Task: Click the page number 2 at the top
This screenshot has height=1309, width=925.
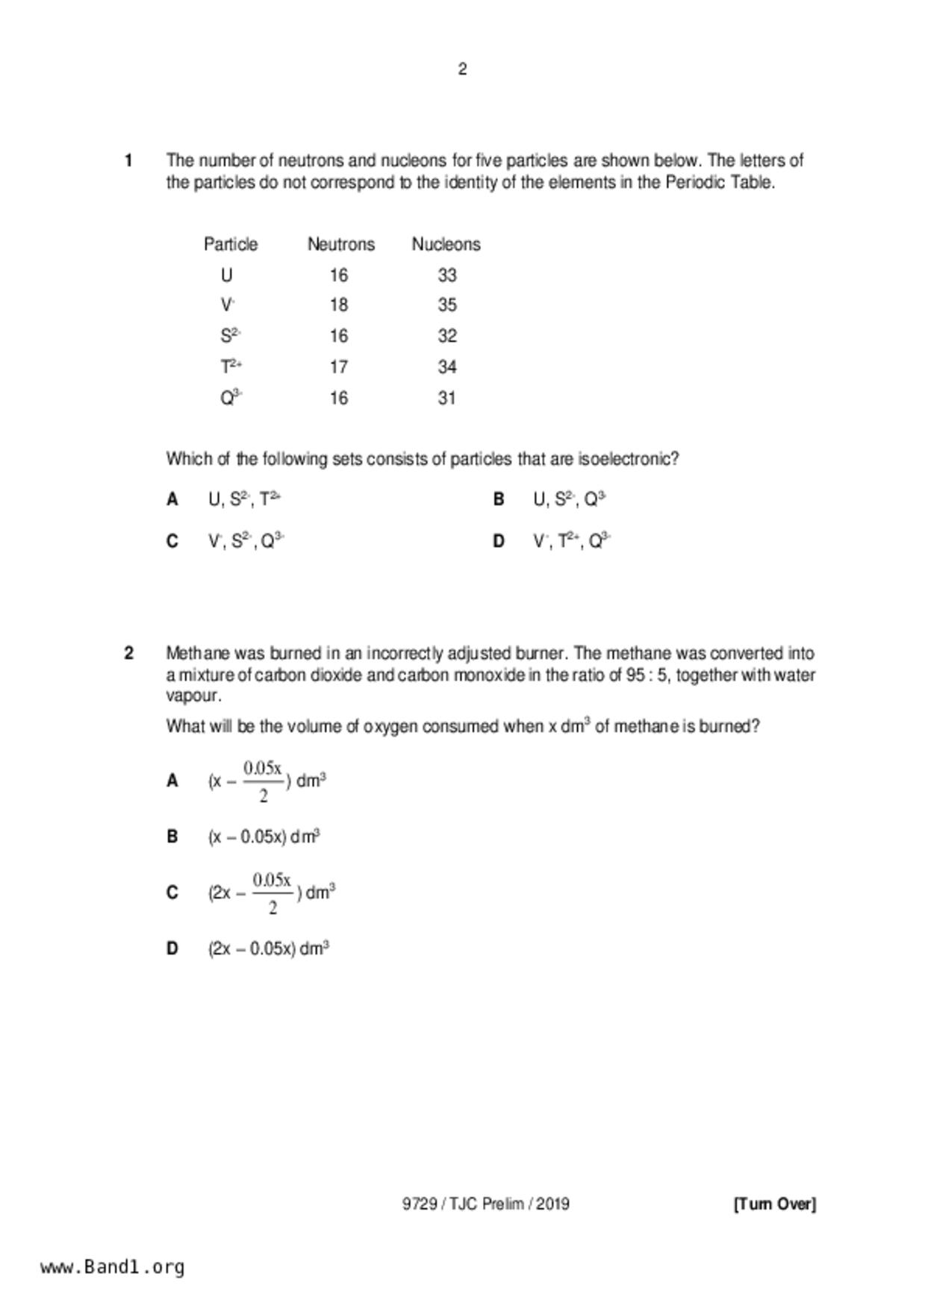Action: pyautogui.click(x=462, y=69)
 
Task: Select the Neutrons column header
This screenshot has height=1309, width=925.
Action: pyautogui.click(x=341, y=244)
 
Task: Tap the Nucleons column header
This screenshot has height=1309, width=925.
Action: pyautogui.click(x=446, y=244)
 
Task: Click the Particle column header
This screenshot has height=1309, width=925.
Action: pyautogui.click(x=231, y=244)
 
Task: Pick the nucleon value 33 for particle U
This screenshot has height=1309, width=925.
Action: pyautogui.click(x=446, y=275)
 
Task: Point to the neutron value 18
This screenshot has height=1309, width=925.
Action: pyautogui.click(x=339, y=305)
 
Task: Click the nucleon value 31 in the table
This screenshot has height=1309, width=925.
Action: pyautogui.click(x=446, y=398)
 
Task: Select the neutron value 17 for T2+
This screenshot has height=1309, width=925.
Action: pyautogui.click(x=339, y=366)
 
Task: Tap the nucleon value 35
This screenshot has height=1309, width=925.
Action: pyautogui.click(x=446, y=305)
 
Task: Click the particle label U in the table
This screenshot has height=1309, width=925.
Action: pyautogui.click(x=226, y=275)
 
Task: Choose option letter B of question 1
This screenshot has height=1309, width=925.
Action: pyautogui.click(x=499, y=499)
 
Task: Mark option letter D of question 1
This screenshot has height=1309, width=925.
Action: pyautogui.click(x=499, y=541)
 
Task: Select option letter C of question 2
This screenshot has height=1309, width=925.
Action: pyautogui.click(x=172, y=893)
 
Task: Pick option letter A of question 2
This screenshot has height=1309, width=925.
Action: pyautogui.click(x=172, y=781)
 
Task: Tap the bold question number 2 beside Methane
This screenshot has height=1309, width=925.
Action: pyautogui.click(x=129, y=653)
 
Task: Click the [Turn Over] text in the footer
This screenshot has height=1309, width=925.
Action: pyautogui.click(x=775, y=1204)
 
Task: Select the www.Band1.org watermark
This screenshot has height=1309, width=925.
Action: pyautogui.click(x=113, y=1267)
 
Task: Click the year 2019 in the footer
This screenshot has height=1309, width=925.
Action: pyautogui.click(x=552, y=1204)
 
